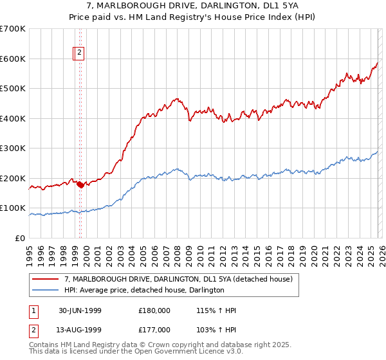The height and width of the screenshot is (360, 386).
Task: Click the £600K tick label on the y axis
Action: (13, 59)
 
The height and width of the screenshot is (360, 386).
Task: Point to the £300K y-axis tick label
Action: (13, 148)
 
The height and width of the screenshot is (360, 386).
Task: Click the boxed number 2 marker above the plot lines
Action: (79, 53)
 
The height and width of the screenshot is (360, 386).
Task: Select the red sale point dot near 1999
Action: (80, 184)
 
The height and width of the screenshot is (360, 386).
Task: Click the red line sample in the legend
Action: (46, 279)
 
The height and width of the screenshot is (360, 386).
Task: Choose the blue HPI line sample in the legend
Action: (46, 291)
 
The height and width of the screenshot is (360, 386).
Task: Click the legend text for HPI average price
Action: (144, 291)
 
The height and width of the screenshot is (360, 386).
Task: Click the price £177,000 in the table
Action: (154, 330)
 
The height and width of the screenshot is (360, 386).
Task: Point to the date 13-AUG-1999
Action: (80, 330)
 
